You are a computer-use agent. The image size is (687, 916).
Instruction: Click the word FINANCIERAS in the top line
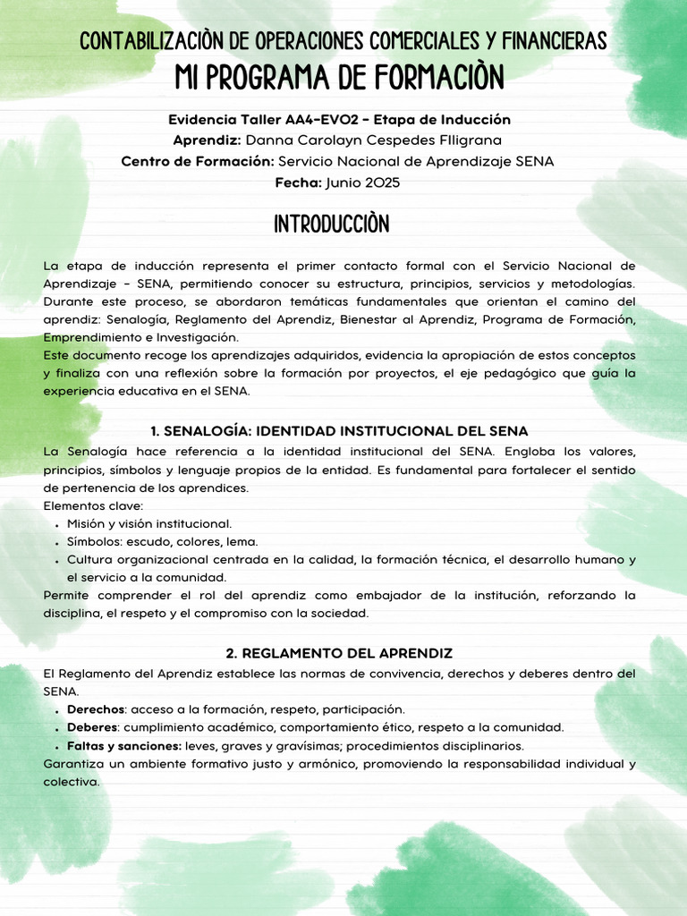click(x=553, y=41)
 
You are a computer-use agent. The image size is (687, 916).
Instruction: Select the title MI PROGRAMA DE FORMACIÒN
click(x=340, y=78)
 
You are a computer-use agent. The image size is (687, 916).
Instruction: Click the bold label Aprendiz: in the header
click(x=207, y=140)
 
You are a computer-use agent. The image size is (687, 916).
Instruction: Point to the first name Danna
click(x=267, y=140)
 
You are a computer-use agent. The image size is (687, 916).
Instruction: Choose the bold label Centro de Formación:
click(x=197, y=162)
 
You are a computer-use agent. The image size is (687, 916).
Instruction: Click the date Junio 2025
click(x=363, y=182)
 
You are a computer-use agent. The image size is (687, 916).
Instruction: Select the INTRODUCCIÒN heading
click(x=332, y=225)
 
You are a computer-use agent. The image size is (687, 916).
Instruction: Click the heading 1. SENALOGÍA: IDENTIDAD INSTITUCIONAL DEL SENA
click(x=339, y=431)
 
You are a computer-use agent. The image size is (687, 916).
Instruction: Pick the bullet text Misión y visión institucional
click(x=149, y=524)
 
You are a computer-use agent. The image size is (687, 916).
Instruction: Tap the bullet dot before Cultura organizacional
click(x=57, y=561)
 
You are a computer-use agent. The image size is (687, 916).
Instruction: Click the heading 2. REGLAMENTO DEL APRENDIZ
click(x=339, y=654)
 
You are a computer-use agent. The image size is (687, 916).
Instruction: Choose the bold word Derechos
click(x=96, y=709)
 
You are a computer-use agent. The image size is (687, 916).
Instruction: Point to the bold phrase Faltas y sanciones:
click(x=124, y=746)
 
